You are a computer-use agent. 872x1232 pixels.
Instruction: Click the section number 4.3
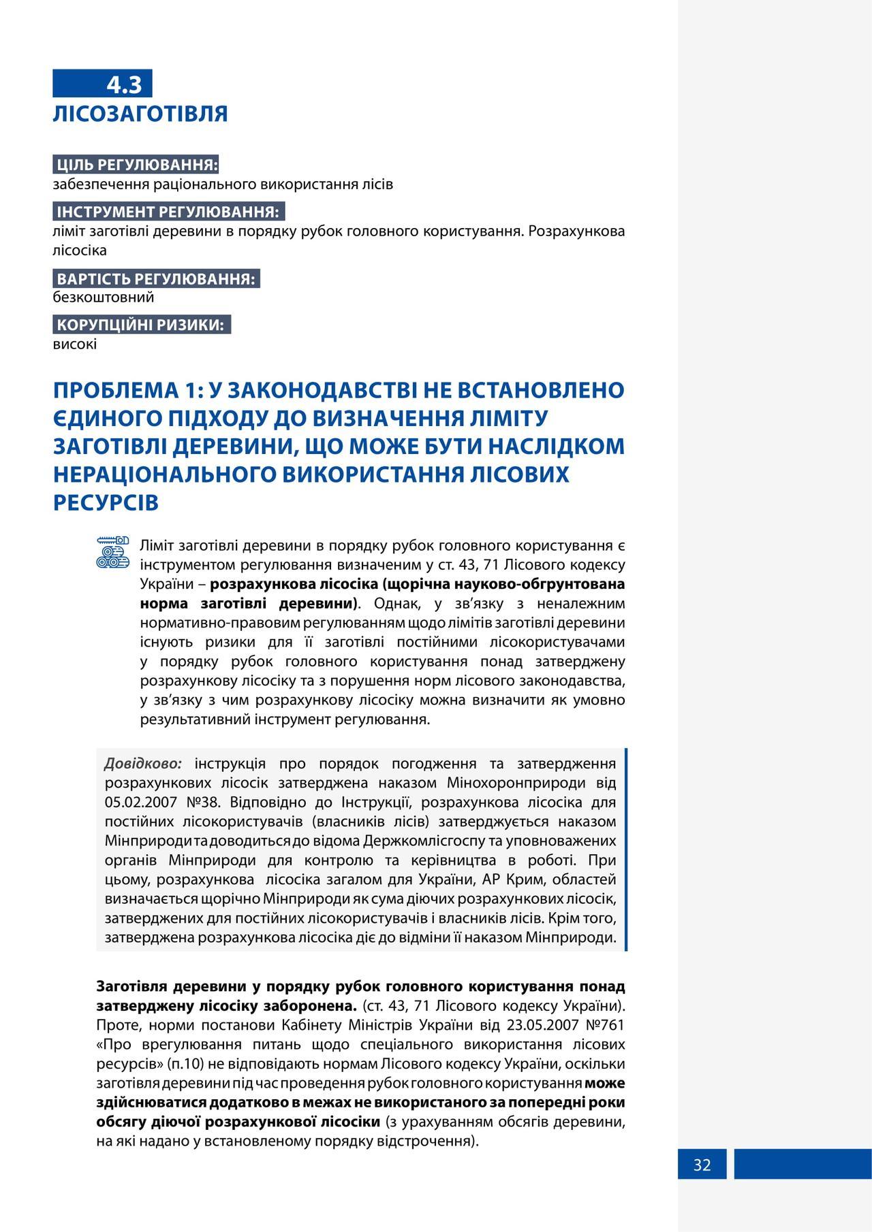[124, 84]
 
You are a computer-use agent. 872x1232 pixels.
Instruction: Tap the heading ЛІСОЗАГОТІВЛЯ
[140, 114]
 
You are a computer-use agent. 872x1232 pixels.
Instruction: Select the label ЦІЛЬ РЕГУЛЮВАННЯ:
[137, 165]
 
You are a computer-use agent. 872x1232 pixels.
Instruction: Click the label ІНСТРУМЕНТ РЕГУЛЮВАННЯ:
[168, 212]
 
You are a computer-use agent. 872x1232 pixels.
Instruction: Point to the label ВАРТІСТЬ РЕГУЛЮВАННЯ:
[156, 278]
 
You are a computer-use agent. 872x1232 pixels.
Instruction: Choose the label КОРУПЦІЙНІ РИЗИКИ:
[140, 325]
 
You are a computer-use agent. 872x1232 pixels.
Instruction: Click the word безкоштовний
[104, 297]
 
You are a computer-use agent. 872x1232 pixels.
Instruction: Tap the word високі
[75, 344]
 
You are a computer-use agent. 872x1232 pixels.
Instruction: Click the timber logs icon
[112, 553]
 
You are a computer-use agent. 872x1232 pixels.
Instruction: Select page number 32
[702, 1165]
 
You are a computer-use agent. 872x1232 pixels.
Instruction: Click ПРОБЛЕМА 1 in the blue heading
[126, 390]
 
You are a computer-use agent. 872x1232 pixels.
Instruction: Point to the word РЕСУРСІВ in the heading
[106, 502]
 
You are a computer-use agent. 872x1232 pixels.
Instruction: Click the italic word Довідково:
[143, 763]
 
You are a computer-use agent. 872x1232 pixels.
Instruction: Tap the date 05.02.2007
[141, 802]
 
